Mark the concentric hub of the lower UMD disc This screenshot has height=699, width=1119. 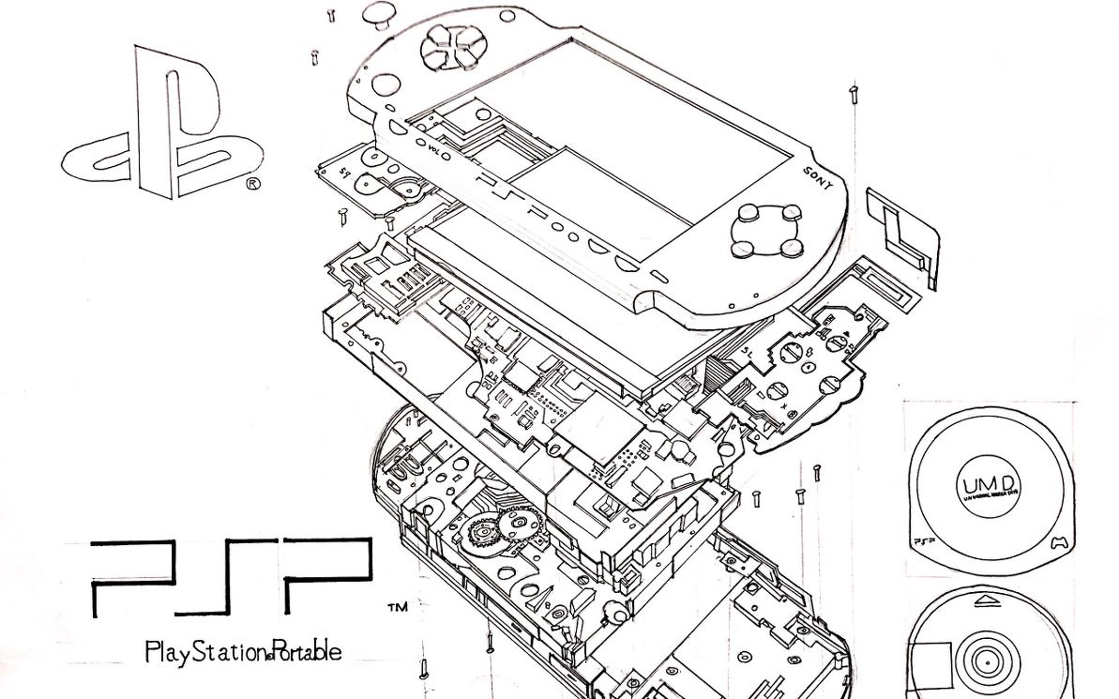(986, 661)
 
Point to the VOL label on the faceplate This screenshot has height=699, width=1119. (433, 149)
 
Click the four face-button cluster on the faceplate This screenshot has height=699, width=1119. (767, 232)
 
